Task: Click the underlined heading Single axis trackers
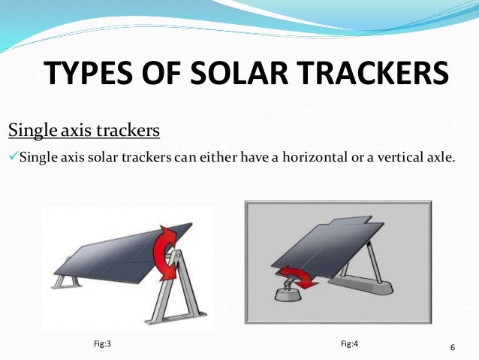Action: coord(83,131)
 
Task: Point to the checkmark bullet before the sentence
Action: coord(13,157)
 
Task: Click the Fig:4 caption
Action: coord(349,343)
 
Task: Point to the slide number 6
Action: coord(453,347)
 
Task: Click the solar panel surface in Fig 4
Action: coord(323,244)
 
